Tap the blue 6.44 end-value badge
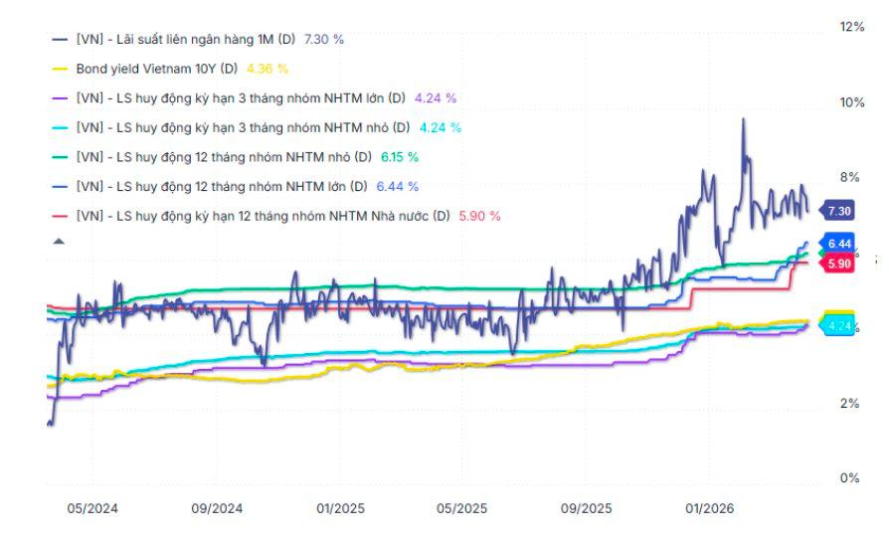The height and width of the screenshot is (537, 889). [x=839, y=244]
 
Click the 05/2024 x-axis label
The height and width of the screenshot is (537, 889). [x=92, y=508]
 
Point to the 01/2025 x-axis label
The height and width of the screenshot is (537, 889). [x=340, y=508]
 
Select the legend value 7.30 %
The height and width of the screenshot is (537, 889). [x=324, y=39]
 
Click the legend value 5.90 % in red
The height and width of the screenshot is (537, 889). [x=479, y=216]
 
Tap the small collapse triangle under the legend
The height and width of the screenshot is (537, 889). [x=59, y=241]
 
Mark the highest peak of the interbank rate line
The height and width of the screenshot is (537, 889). [x=743, y=119]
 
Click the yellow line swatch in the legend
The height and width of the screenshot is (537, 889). [x=59, y=69]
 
